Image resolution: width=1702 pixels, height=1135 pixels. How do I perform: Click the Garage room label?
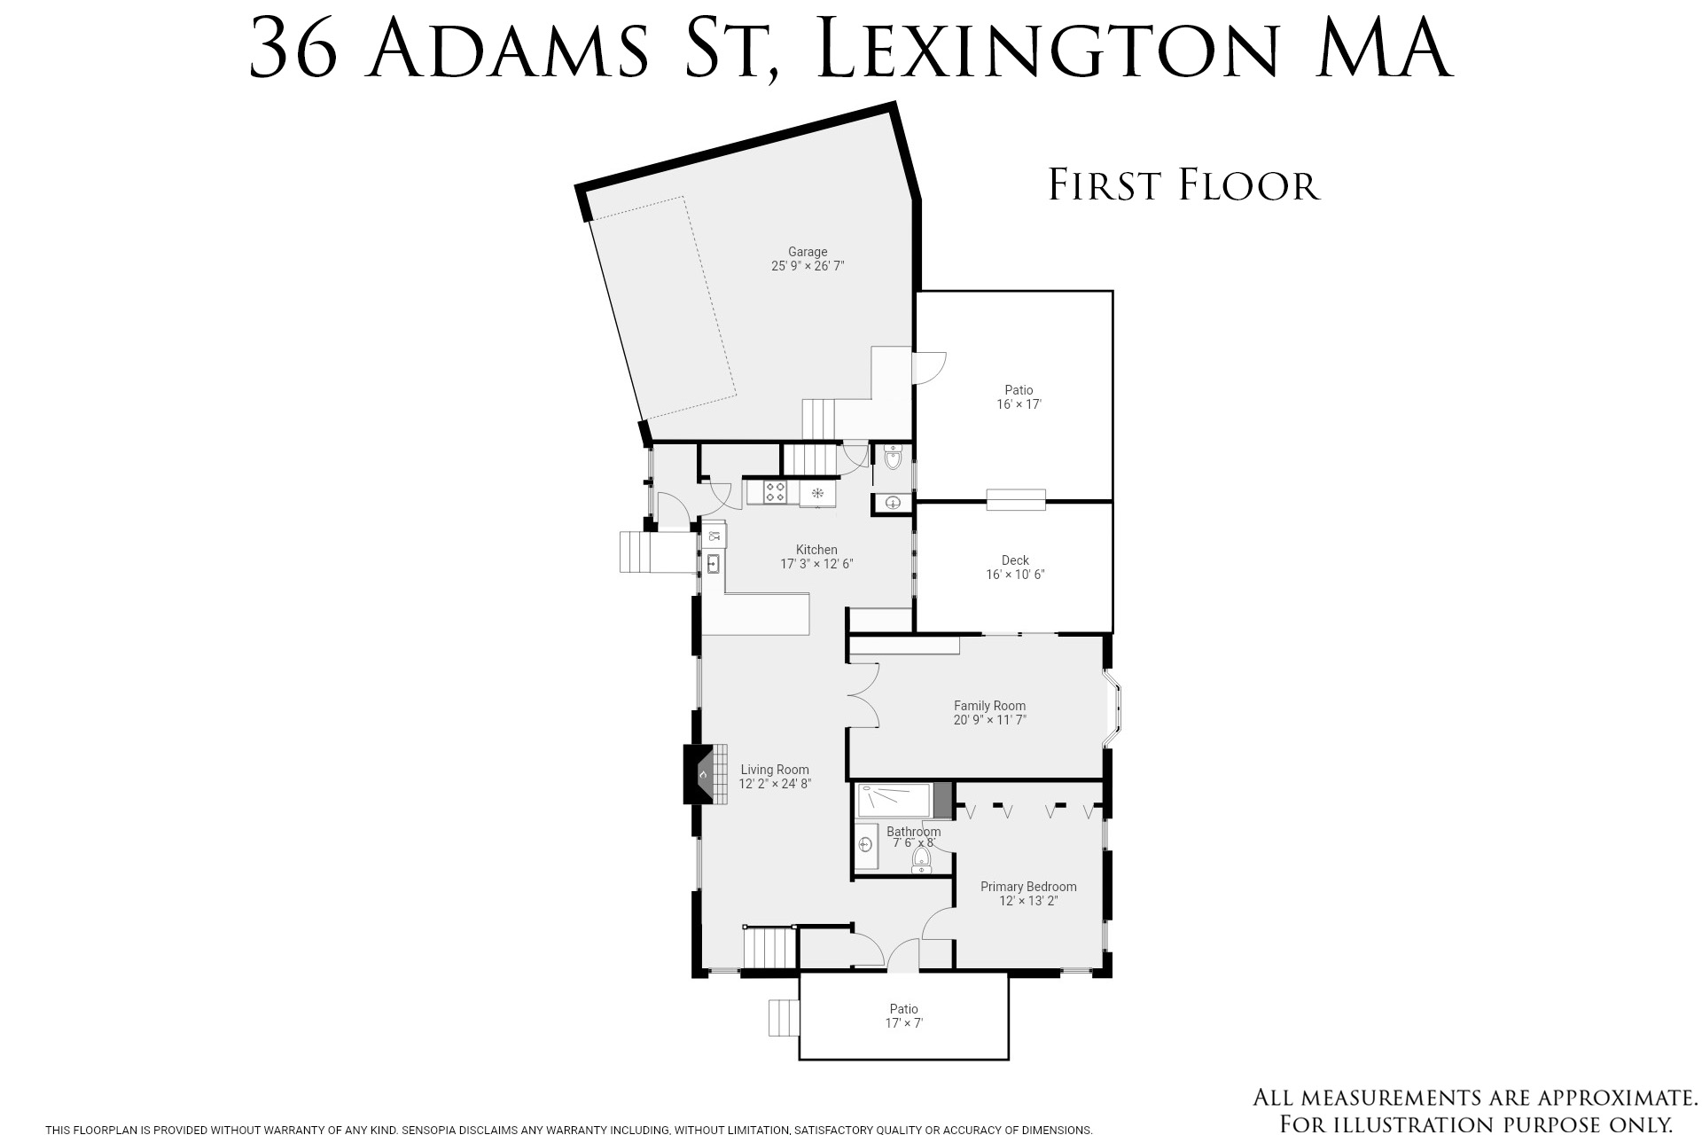pos(808,252)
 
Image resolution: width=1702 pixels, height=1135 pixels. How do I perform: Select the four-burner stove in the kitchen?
pos(775,491)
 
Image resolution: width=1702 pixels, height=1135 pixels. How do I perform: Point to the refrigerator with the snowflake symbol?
pos(817,493)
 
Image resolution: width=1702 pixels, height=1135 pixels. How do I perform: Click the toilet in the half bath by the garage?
pos(893,458)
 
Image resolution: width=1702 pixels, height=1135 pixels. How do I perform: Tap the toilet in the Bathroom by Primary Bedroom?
pos(922,861)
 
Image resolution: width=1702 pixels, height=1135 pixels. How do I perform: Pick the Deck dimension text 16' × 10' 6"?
pos(1015,575)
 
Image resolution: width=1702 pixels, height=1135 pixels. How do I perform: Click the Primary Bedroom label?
pos(1028,887)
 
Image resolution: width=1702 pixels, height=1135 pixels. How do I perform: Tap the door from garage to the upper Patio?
pos(929,367)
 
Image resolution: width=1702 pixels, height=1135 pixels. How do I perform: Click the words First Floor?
pos(1184,185)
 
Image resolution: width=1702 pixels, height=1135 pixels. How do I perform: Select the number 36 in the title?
pos(293,49)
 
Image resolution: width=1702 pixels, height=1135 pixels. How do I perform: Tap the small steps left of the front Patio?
pos(784,1017)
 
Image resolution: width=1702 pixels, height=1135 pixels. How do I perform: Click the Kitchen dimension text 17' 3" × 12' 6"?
pos(816,564)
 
